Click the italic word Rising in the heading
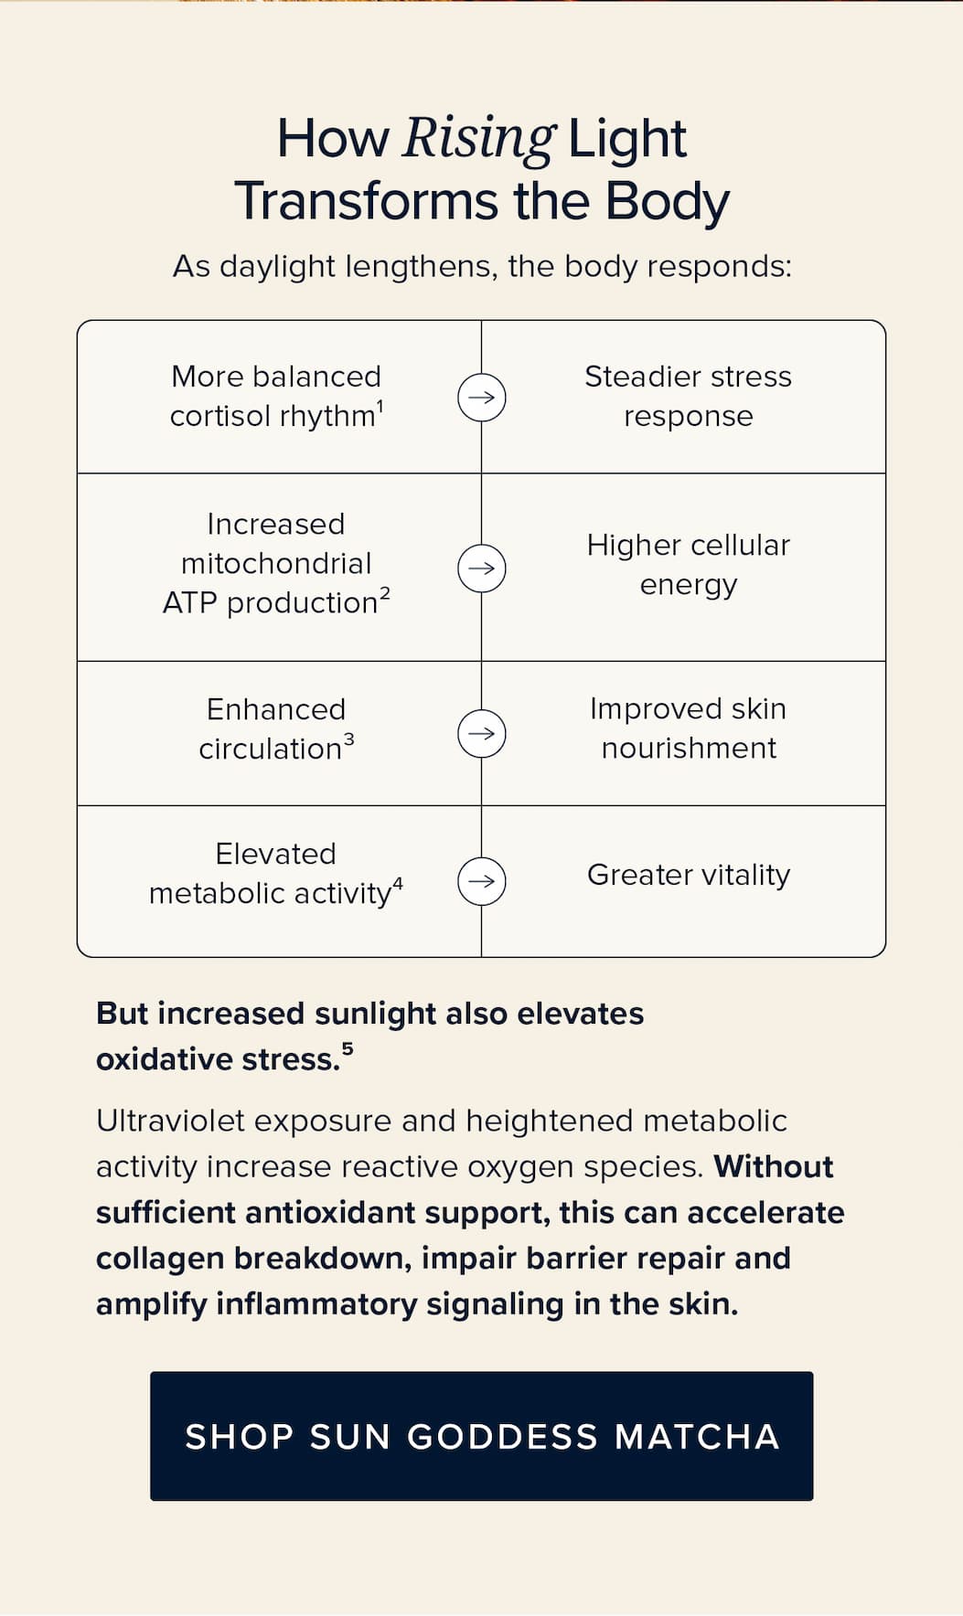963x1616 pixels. point(479,139)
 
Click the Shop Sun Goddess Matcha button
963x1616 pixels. point(482,1436)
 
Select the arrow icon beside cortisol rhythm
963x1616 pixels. point(482,398)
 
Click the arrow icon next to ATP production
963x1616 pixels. point(482,568)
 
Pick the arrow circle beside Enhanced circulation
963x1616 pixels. point(482,733)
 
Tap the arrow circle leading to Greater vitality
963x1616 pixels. point(482,881)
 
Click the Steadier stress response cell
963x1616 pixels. point(684,397)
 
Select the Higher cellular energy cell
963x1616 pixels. point(684,567)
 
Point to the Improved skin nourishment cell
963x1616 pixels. point(684,733)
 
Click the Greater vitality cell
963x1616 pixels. point(684,881)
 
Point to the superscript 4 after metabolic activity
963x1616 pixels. point(398,884)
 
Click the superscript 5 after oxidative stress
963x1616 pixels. point(348,1050)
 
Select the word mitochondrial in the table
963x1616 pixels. point(276,564)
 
